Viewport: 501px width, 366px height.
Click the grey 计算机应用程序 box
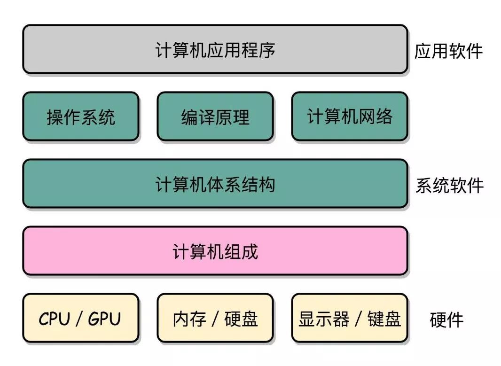tap(215, 49)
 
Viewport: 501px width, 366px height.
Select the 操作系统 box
tap(81, 117)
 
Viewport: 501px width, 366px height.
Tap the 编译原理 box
tap(215, 117)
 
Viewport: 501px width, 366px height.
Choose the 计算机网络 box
tap(349, 117)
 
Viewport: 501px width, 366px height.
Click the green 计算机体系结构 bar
tap(215, 184)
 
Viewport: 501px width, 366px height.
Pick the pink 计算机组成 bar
tap(215, 251)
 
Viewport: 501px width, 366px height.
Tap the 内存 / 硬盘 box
tap(215, 318)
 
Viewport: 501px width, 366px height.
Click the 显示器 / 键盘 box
tap(349, 318)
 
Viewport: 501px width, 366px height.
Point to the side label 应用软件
tap(448, 51)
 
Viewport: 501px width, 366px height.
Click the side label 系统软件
tap(449, 186)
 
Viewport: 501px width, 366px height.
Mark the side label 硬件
tap(446, 320)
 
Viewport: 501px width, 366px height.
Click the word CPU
tap(54, 319)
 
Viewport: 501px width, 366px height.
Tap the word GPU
tap(104, 319)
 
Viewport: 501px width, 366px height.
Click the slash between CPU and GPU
tap(78, 319)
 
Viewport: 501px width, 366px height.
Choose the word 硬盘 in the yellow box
tap(241, 319)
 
